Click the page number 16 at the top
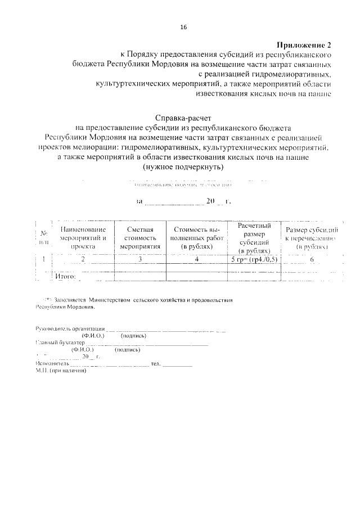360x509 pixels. click(x=183, y=27)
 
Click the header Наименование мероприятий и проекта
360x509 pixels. click(x=83, y=237)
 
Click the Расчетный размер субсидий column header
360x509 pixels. click(x=254, y=237)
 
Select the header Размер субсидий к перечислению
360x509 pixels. click(x=311, y=237)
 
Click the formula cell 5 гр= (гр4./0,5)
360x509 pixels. click(x=254, y=259)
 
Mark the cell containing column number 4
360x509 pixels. click(x=196, y=259)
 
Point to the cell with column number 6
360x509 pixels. click(x=311, y=259)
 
